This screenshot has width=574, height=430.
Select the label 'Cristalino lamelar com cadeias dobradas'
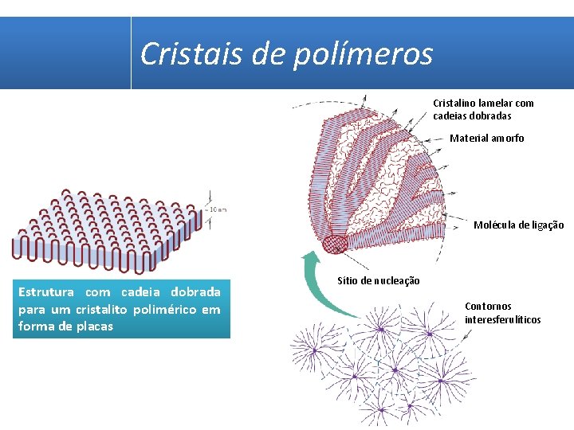[483, 109]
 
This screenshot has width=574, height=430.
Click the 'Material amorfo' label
[486, 139]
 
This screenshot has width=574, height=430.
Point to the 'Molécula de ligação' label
[518, 225]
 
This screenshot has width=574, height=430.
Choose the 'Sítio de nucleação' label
[379, 281]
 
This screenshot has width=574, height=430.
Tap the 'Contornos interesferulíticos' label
[502, 313]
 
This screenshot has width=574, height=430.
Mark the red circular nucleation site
[334, 243]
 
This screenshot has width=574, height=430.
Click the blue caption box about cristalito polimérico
[120, 308]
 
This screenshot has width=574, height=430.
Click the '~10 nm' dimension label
[218, 209]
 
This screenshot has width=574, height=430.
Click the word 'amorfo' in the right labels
[508, 139]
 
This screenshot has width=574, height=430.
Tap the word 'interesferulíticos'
[502, 320]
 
